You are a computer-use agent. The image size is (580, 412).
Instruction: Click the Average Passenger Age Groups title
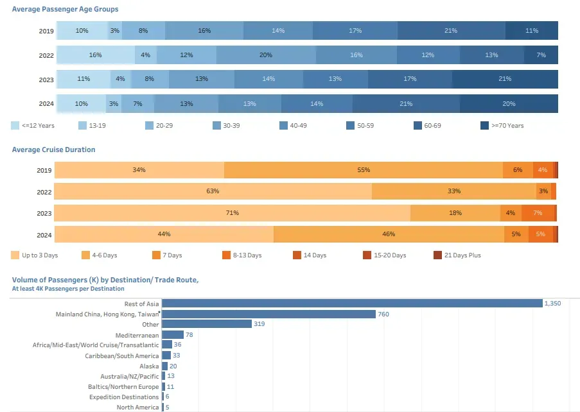65,10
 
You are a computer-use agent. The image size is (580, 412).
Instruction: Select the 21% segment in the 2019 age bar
451,31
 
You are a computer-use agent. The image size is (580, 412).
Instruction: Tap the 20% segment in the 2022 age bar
266,55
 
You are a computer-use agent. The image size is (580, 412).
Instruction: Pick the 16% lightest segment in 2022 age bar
96,55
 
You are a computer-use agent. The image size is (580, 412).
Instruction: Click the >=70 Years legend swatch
485,126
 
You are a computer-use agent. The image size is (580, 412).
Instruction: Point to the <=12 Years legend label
38,126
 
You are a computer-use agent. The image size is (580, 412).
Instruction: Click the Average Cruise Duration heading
53,150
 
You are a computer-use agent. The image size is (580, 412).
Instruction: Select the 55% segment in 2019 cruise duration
364,170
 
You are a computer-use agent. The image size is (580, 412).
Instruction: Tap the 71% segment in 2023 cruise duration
233,213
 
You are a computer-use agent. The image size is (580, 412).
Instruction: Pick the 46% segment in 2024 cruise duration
389,234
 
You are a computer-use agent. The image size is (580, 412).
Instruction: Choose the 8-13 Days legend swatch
227,255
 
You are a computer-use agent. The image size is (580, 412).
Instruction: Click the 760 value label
383,314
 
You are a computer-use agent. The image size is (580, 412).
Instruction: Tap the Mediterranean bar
172,335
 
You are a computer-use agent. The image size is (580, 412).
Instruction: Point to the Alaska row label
150,366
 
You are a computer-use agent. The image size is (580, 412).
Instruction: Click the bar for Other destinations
206,324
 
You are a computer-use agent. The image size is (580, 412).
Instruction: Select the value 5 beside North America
167,408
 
